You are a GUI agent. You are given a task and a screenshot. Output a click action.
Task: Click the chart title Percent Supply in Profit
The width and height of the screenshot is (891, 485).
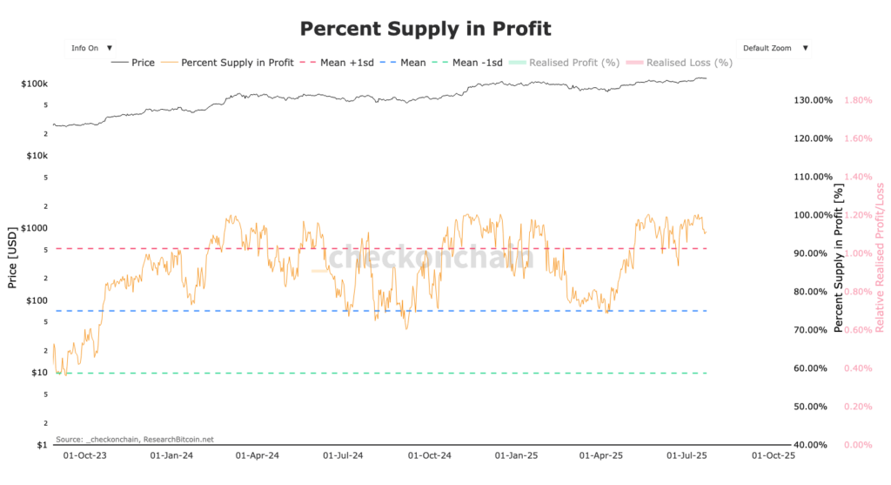[425, 29]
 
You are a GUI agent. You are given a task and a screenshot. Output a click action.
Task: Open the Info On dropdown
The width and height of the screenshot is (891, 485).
[91, 48]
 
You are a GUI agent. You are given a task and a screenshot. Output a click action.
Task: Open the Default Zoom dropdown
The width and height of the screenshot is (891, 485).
[774, 48]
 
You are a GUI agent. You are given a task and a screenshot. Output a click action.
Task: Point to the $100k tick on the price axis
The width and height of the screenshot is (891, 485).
[35, 84]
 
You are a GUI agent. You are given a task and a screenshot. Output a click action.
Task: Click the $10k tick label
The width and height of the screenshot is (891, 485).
[37, 156]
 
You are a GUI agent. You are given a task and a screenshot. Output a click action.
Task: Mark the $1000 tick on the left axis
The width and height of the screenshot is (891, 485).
[36, 228]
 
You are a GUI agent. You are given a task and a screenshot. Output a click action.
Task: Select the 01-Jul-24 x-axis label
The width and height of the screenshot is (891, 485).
[342, 455]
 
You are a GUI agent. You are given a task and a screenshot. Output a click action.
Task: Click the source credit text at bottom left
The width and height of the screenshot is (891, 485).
[134, 439]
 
